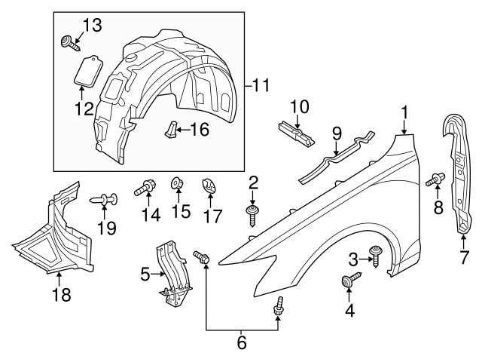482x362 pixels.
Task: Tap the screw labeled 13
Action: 69,39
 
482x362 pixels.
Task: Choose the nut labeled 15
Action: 178,184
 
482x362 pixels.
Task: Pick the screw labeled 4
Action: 348,281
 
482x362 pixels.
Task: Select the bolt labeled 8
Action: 433,180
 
